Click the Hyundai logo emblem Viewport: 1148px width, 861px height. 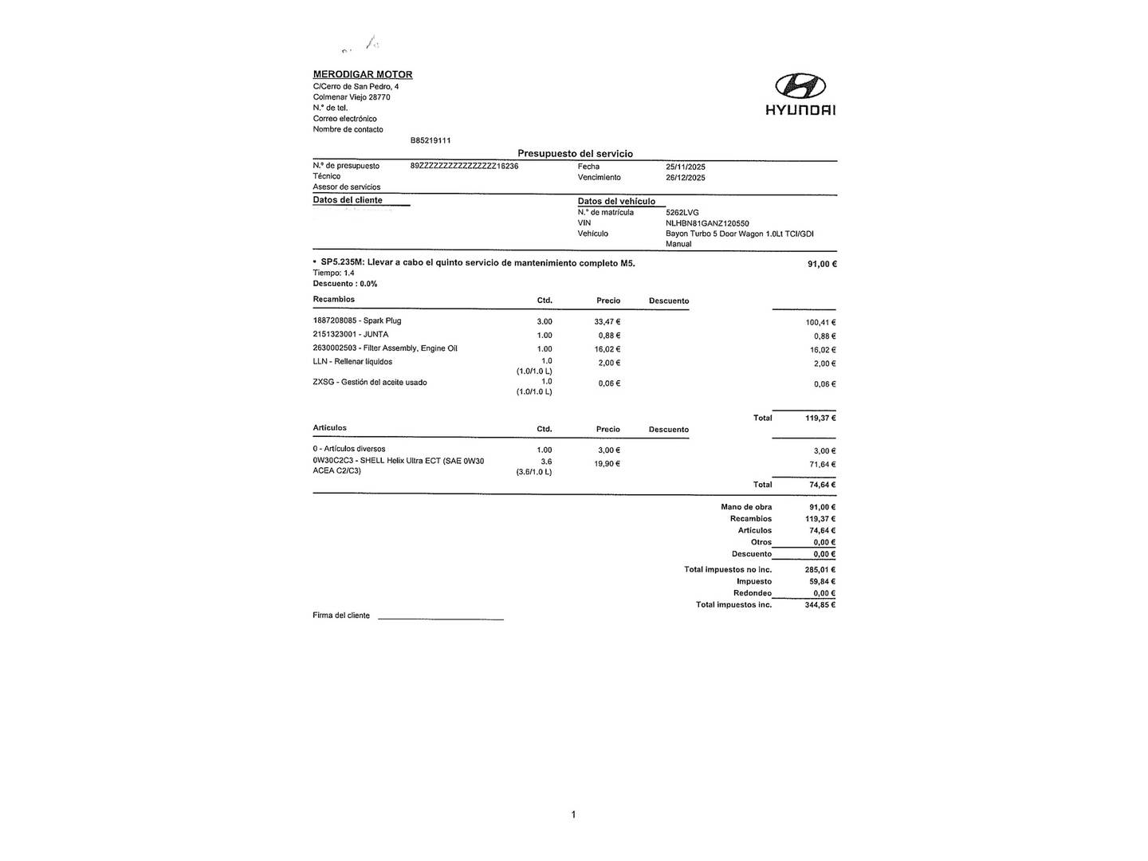click(x=800, y=85)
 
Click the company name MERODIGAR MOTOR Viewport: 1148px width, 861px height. click(x=363, y=74)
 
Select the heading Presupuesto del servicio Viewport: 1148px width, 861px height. click(x=575, y=153)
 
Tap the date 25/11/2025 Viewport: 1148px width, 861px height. click(x=685, y=167)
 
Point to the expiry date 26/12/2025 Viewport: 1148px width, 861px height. click(x=685, y=178)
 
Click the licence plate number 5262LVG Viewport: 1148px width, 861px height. click(x=682, y=213)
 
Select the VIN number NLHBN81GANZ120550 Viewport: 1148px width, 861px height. click(x=707, y=224)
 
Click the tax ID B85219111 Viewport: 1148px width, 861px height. click(x=431, y=140)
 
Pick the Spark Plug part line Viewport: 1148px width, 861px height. click(x=357, y=320)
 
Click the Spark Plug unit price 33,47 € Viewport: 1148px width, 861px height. click(x=607, y=321)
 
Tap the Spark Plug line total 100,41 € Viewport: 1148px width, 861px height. click(x=820, y=323)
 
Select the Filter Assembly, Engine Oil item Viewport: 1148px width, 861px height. click(x=385, y=348)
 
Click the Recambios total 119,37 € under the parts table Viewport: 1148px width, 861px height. click(x=820, y=418)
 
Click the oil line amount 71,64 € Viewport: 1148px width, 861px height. click(x=822, y=464)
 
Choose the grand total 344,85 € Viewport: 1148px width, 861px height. click(x=820, y=605)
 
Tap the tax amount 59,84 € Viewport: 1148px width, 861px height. click(x=822, y=581)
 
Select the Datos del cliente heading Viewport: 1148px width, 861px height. click(x=348, y=200)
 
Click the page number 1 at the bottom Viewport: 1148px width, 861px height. click(x=573, y=814)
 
